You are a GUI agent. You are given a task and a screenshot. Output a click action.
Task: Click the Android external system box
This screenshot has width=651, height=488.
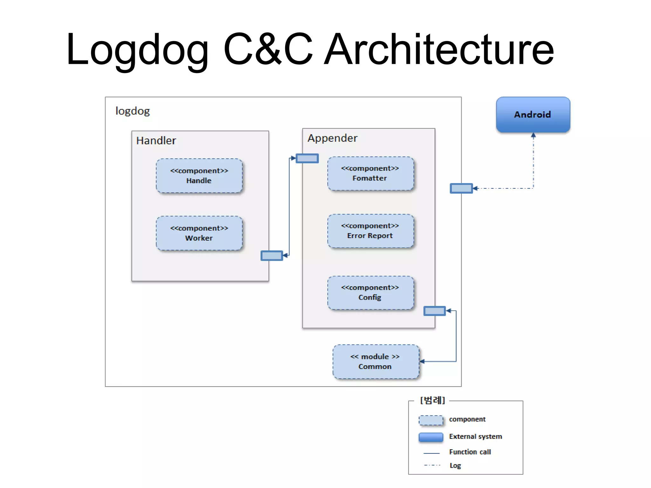click(x=533, y=115)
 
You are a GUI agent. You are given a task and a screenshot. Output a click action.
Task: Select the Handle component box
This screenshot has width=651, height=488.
click(x=199, y=176)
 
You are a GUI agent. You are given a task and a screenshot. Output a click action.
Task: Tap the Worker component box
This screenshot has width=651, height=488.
click(x=199, y=233)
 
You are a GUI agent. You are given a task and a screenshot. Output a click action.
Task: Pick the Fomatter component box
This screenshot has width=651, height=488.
click(x=370, y=173)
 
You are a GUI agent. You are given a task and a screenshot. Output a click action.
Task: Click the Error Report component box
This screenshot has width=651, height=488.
click(x=370, y=231)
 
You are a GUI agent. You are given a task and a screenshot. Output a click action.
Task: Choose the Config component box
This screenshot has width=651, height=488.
click(x=370, y=293)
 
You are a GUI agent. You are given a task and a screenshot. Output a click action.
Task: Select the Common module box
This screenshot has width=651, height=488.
click(x=375, y=362)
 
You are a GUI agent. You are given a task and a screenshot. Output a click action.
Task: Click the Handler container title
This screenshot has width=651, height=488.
click(x=156, y=140)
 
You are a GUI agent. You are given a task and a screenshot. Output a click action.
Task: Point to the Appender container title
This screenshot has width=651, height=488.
click(x=332, y=138)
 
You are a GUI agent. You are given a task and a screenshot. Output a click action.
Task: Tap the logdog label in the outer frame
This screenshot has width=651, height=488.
click(x=132, y=111)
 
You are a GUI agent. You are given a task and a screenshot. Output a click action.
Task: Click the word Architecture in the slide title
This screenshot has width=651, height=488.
click(x=439, y=50)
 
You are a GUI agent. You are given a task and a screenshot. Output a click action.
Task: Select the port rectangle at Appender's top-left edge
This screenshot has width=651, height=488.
click(x=307, y=158)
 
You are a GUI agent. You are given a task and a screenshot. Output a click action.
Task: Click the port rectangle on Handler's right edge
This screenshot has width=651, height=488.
click(x=271, y=255)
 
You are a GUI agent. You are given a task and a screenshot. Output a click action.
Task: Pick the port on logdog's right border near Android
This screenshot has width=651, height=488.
click(x=461, y=188)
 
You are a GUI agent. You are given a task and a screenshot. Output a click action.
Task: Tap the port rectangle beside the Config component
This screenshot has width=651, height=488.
click(x=435, y=311)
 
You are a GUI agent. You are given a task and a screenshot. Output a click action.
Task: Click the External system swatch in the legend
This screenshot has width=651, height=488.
click(x=431, y=437)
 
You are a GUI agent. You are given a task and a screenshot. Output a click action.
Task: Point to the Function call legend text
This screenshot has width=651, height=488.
click(x=470, y=452)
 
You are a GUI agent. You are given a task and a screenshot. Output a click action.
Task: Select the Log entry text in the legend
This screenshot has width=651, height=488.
click(x=455, y=465)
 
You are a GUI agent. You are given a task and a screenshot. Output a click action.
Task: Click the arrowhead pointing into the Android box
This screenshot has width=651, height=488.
click(x=533, y=135)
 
